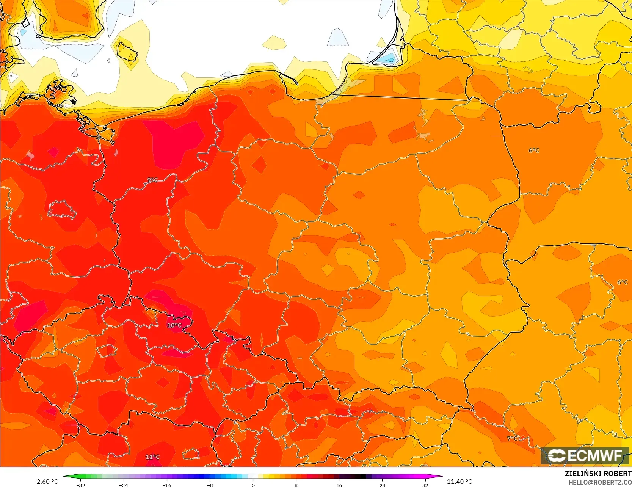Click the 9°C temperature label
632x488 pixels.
[x=152, y=180]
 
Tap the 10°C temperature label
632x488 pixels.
[x=174, y=325]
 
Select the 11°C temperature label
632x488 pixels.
[x=152, y=457]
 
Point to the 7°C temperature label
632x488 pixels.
[x=512, y=438]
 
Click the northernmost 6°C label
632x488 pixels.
[x=534, y=151]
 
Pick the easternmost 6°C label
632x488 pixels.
[x=622, y=282]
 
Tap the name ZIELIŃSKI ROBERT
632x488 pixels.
[x=598, y=474]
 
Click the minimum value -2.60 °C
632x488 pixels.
[x=46, y=482]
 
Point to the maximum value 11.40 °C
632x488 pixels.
[x=459, y=482]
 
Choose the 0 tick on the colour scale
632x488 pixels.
[x=253, y=485]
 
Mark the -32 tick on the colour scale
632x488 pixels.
[x=81, y=485]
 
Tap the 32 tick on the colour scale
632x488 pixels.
[x=425, y=485]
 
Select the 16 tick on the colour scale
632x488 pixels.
[x=339, y=485]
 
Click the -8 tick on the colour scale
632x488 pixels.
[x=210, y=485]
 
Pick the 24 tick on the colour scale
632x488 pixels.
[x=382, y=485]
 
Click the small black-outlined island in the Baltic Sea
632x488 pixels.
[x=127, y=52]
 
